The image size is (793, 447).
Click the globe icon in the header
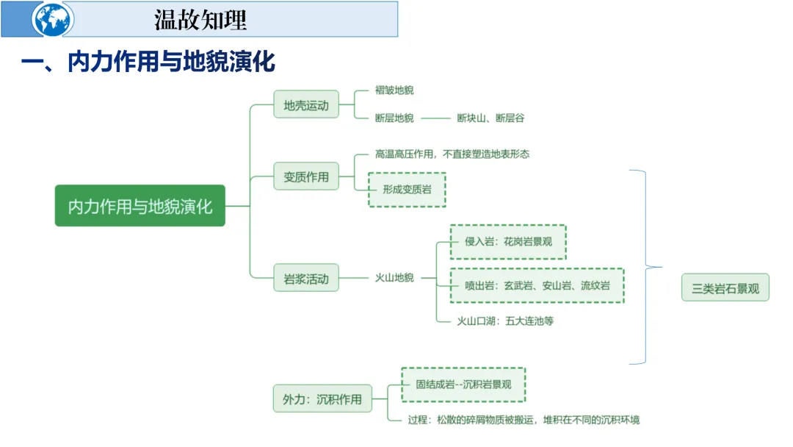click(52, 20)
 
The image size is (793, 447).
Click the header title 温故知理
click(200, 20)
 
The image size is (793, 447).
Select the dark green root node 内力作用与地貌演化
click(140, 205)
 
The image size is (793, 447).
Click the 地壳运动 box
click(306, 105)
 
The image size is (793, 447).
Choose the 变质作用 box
click(306, 176)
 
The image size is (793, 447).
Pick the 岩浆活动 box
click(306, 279)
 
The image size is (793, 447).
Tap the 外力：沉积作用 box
click(322, 398)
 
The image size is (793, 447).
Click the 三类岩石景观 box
click(725, 287)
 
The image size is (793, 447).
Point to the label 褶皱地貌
click(394, 90)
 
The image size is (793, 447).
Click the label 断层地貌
click(394, 118)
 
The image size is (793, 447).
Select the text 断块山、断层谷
click(490, 118)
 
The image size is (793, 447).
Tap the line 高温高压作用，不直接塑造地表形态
click(452, 154)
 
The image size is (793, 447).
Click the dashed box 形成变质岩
click(407, 189)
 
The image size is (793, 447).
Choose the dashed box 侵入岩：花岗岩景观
click(508, 242)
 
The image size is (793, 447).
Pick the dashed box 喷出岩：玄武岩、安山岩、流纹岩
click(537, 285)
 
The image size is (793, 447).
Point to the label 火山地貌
click(394, 278)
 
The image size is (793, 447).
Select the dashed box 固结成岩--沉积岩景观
click(463, 384)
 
